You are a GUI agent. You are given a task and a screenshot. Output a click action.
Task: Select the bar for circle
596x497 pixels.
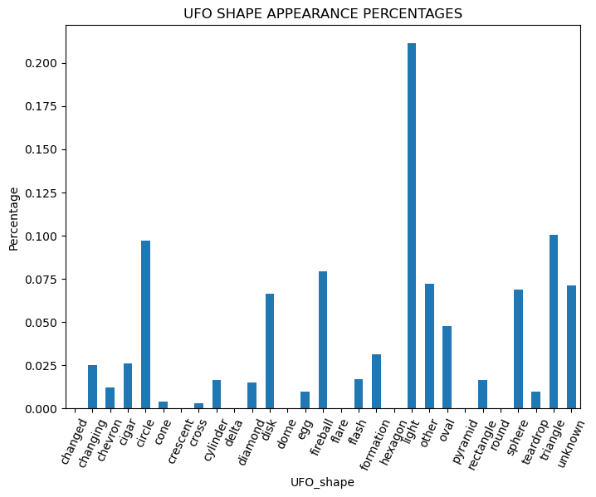(x=145, y=324)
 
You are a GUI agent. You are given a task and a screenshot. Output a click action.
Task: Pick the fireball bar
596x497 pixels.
(x=323, y=340)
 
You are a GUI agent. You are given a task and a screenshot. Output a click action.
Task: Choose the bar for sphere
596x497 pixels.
(x=518, y=348)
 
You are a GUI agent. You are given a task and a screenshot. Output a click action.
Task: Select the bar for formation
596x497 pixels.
(x=376, y=382)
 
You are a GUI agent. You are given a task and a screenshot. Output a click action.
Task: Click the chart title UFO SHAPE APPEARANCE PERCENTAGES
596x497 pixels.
(x=323, y=14)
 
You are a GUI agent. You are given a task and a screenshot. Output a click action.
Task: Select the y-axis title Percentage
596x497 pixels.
(x=13, y=218)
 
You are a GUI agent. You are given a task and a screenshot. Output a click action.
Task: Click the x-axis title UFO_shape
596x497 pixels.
(x=322, y=483)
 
